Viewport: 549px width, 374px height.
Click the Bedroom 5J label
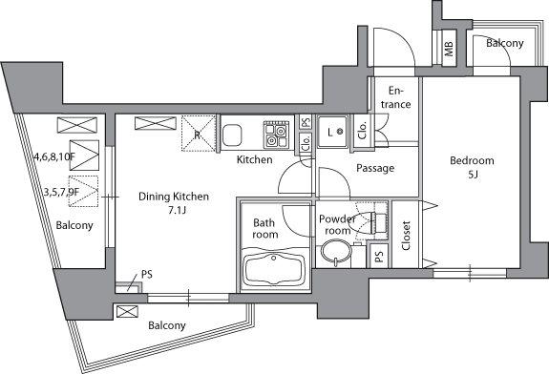(x=472, y=167)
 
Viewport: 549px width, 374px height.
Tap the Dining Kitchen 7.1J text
(x=174, y=202)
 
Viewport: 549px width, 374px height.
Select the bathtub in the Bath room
(x=274, y=269)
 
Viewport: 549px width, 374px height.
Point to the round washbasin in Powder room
(x=336, y=252)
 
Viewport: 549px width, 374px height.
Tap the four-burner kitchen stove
(x=276, y=135)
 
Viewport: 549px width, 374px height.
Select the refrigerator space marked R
(x=199, y=134)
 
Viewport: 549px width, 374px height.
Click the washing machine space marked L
(x=332, y=132)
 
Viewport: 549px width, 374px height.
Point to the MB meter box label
(x=449, y=49)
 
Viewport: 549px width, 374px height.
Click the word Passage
(x=375, y=168)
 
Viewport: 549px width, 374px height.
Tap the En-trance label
(x=395, y=97)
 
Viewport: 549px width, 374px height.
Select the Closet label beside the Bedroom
(x=406, y=236)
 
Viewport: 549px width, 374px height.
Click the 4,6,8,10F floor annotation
(x=54, y=156)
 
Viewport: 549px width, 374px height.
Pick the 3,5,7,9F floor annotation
(x=62, y=192)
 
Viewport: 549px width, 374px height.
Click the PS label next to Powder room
(x=378, y=257)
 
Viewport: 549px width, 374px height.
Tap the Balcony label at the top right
(x=504, y=43)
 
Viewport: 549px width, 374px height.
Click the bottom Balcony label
(x=167, y=325)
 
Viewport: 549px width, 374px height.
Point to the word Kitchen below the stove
(x=255, y=160)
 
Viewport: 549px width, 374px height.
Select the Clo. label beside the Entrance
(x=363, y=130)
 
